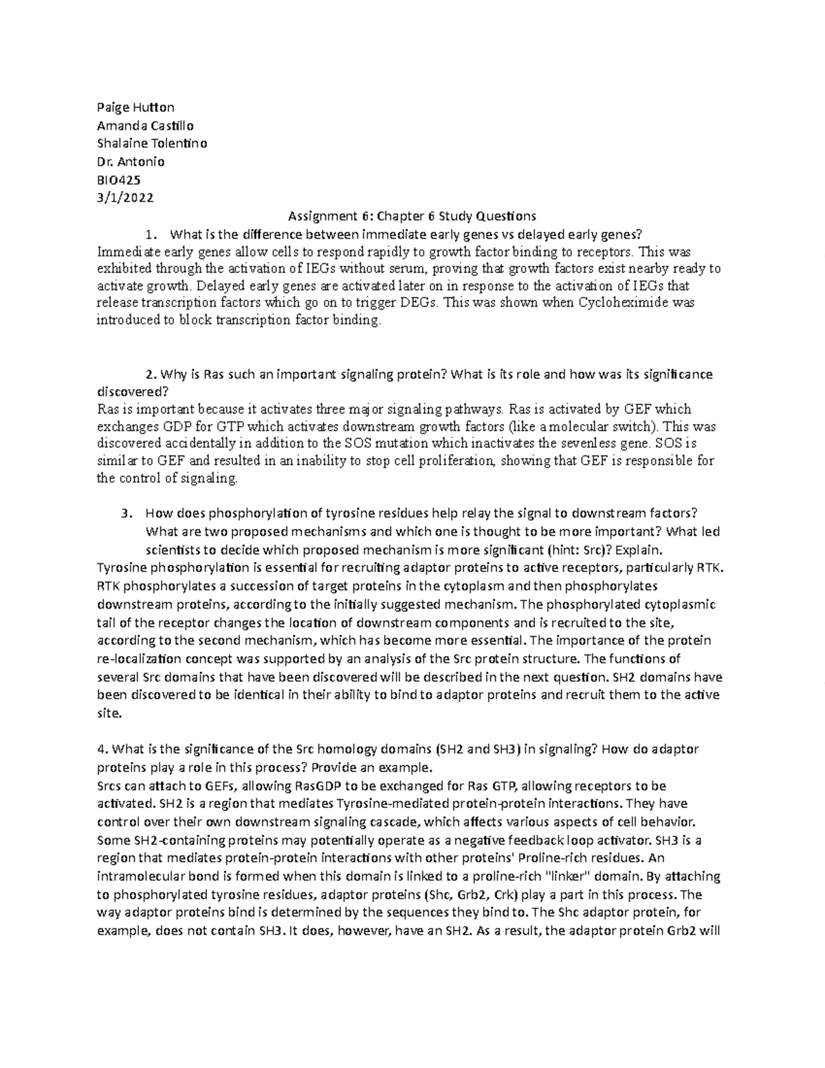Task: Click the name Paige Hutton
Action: point(135,107)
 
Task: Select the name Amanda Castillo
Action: point(145,126)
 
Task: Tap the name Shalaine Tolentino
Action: point(152,144)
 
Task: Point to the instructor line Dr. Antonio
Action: point(131,162)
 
